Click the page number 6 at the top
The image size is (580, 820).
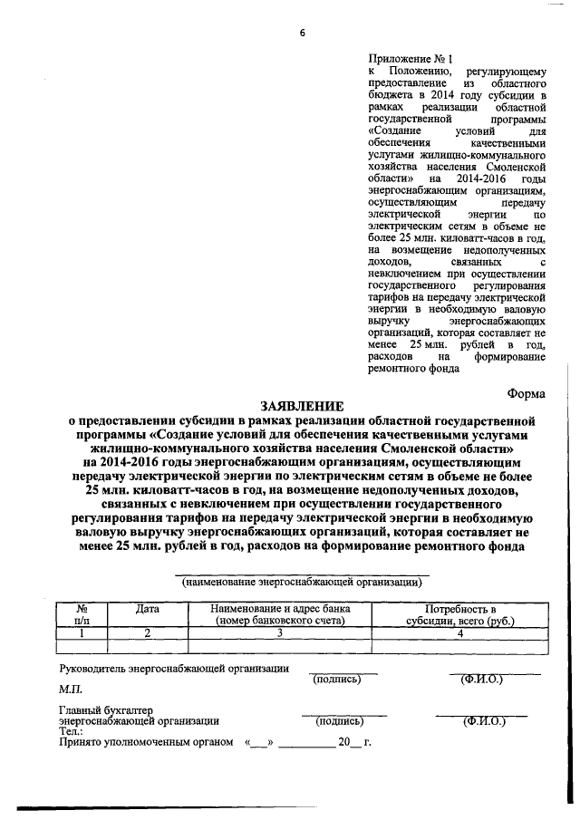pyautogui.click(x=302, y=34)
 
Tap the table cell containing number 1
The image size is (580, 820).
pyautogui.click(x=82, y=633)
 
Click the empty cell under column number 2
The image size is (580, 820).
pyautogui.click(x=147, y=647)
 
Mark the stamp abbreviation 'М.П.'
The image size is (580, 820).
pyautogui.click(x=70, y=690)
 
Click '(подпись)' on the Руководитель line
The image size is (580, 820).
pyautogui.click(x=336, y=678)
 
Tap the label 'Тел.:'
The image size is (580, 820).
pyautogui.click(x=70, y=729)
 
